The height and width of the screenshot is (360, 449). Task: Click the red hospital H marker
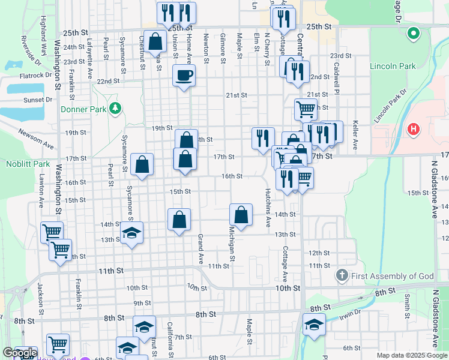[413, 129]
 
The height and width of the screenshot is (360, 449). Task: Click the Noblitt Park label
[28, 163]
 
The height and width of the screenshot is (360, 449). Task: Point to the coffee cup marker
[184, 76]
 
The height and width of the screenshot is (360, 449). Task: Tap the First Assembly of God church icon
[342, 275]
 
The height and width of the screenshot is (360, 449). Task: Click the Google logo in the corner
[20, 353]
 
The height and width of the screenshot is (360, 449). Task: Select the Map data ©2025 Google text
[412, 355]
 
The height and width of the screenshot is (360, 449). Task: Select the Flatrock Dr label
[36, 76]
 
